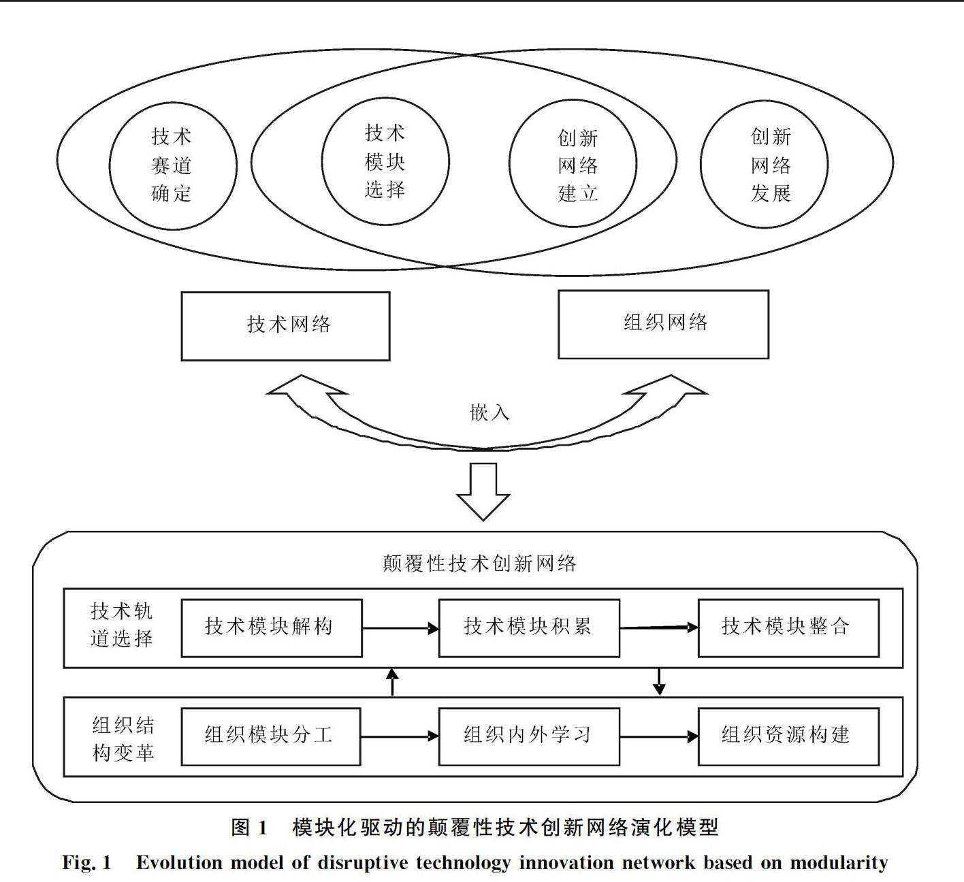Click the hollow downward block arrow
point(483,491)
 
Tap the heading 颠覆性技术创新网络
point(479,563)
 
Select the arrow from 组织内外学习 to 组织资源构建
point(659,736)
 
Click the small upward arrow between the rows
point(393,682)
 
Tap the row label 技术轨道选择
point(122,625)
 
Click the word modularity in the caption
point(839,863)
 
